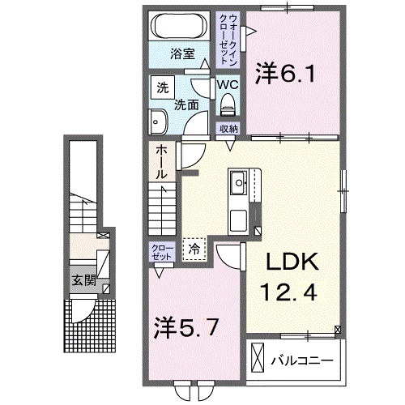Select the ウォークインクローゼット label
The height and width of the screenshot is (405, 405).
(232, 38)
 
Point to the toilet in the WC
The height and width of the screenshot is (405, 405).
(228, 104)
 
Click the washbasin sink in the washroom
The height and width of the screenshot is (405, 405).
(158, 122)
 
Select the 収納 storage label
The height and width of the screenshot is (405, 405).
(228, 128)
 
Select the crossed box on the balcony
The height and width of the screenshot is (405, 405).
(258, 356)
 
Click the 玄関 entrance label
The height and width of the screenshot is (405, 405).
(79, 282)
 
